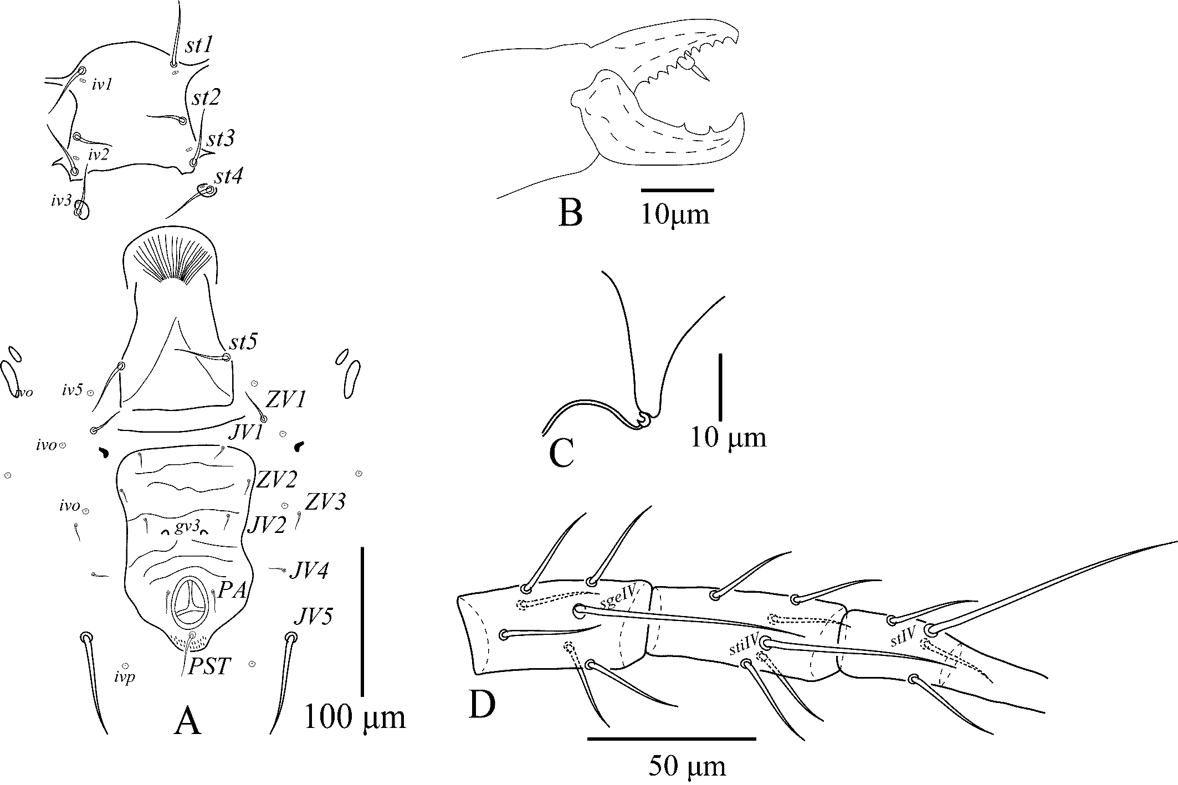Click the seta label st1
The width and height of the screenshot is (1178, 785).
click(x=198, y=45)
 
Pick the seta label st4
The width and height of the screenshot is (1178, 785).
click(x=229, y=177)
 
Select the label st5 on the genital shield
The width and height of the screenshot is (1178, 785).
click(x=243, y=342)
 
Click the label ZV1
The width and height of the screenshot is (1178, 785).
click(x=286, y=399)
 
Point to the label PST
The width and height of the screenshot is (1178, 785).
click(x=208, y=666)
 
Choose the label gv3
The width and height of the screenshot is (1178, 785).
click(x=187, y=526)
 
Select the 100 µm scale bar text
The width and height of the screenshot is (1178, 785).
click(x=355, y=718)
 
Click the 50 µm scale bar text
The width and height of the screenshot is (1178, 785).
click(x=687, y=767)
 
